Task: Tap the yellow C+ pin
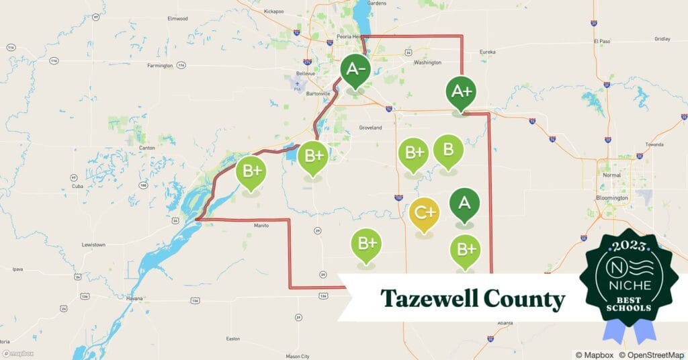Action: click(424, 214)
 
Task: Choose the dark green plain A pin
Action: click(464, 204)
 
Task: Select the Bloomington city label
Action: click(611, 198)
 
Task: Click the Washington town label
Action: click(428, 62)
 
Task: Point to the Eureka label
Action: click(487, 52)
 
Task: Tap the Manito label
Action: click(261, 226)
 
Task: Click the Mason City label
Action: click(297, 356)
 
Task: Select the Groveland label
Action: click(370, 128)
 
